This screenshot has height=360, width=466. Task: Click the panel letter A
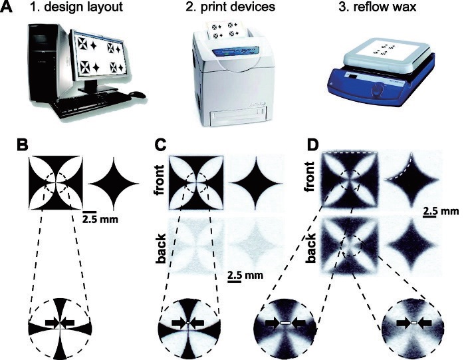pyautogui.click(x=7, y=7)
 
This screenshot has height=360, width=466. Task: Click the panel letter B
pyautogui.click(x=23, y=146)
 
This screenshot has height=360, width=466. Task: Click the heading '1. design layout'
pyautogui.click(x=76, y=7)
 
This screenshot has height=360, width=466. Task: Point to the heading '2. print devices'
pyautogui.click(x=230, y=7)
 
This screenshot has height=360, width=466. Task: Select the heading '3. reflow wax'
pyautogui.click(x=378, y=7)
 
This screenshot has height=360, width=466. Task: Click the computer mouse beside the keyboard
pyautogui.click(x=138, y=94)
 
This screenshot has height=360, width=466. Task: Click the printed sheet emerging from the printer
pyautogui.click(x=228, y=30)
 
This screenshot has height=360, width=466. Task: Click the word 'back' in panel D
pyautogui.click(x=311, y=248)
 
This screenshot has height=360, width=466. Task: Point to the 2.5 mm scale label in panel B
pyautogui.click(x=100, y=220)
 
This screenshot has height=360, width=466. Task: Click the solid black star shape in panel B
pyautogui.click(x=113, y=184)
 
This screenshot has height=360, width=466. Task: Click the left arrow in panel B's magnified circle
pyautogui.click(x=53, y=323)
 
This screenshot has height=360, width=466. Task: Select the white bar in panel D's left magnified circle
pyautogui.click(x=285, y=323)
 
